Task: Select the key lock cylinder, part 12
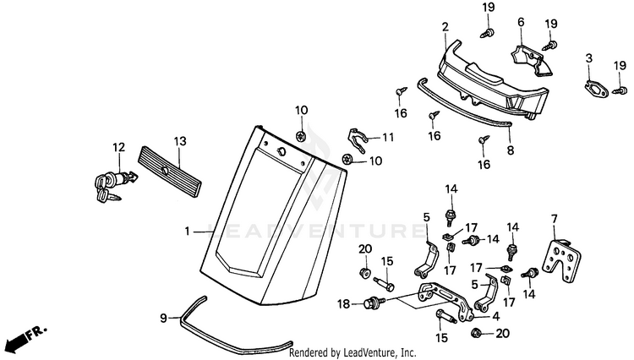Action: tap(115, 183)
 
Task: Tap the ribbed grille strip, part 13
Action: tap(170, 172)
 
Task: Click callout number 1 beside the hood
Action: tap(187, 232)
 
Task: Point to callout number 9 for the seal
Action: tap(163, 319)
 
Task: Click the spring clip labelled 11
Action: tap(358, 140)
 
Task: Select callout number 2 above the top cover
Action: tap(445, 28)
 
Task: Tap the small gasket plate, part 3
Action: tap(597, 89)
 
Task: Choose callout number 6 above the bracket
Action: tap(521, 22)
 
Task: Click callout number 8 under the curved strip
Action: tap(511, 150)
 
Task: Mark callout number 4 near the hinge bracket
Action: tap(496, 316)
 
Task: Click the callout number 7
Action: tap(554, 220)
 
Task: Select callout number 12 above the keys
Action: tap(119, 148)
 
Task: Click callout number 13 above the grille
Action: tap(180, 141)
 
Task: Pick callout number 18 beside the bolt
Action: tap(344, 304)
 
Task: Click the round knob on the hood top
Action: tap(280, 151)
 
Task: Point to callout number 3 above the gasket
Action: tap(589, 58)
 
